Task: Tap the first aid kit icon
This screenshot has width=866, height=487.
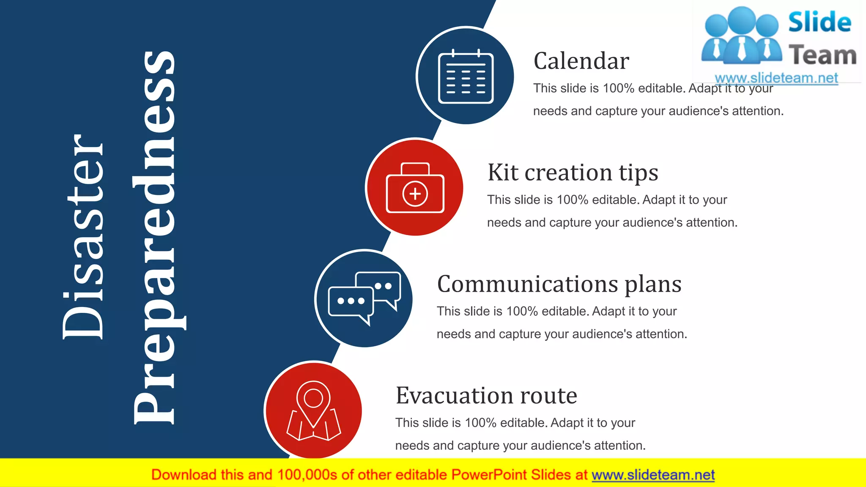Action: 415,189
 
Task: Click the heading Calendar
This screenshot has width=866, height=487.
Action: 581,61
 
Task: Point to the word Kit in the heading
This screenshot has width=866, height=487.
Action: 503,172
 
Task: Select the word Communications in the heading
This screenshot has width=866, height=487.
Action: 527,284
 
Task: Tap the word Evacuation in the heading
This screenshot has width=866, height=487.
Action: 454,396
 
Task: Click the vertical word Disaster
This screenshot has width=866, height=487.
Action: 83,237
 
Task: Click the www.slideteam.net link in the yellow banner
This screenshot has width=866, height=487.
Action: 653,475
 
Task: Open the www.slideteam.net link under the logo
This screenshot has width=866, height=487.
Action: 776,78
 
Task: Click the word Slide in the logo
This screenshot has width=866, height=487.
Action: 819,23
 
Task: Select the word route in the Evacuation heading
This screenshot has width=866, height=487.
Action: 548,396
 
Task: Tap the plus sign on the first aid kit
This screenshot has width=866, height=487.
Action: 415,194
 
